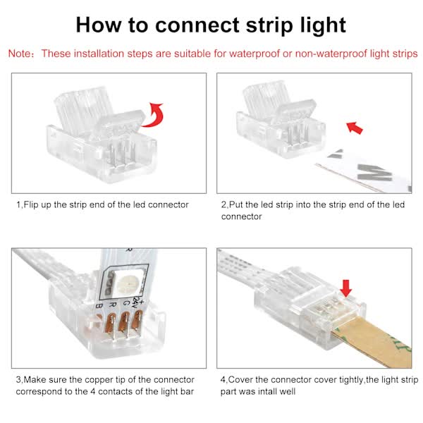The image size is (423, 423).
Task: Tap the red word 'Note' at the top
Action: (x=21, y=54)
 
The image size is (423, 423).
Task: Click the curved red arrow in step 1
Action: (x=154, y=114)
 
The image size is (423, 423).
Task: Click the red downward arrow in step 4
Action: (x=345, y=288)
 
